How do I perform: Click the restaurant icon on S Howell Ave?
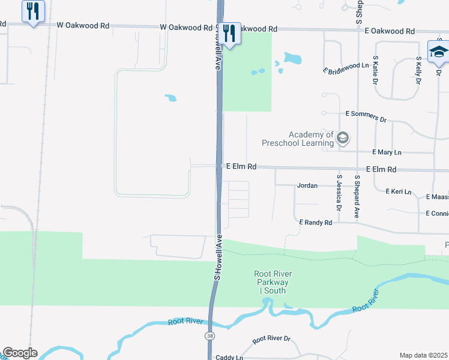[x=229, y=33]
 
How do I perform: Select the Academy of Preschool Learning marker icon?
[x=342, y=139]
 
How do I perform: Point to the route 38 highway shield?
[x=209, y=335]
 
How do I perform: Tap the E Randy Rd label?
[x=316, y=223]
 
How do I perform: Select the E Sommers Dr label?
[x=366, y=116]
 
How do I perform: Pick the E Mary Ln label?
[x=387, y=153]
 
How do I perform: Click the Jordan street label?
[x=307, y=186]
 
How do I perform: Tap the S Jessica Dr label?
[x=339, y=193]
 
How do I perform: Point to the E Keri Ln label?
[x=398, y=192]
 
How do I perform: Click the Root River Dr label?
[x=271, y=340]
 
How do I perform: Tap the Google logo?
[x=20, y=353]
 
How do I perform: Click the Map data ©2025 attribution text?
[x=424, y=355]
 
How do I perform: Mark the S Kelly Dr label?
[x=418, y=70]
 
